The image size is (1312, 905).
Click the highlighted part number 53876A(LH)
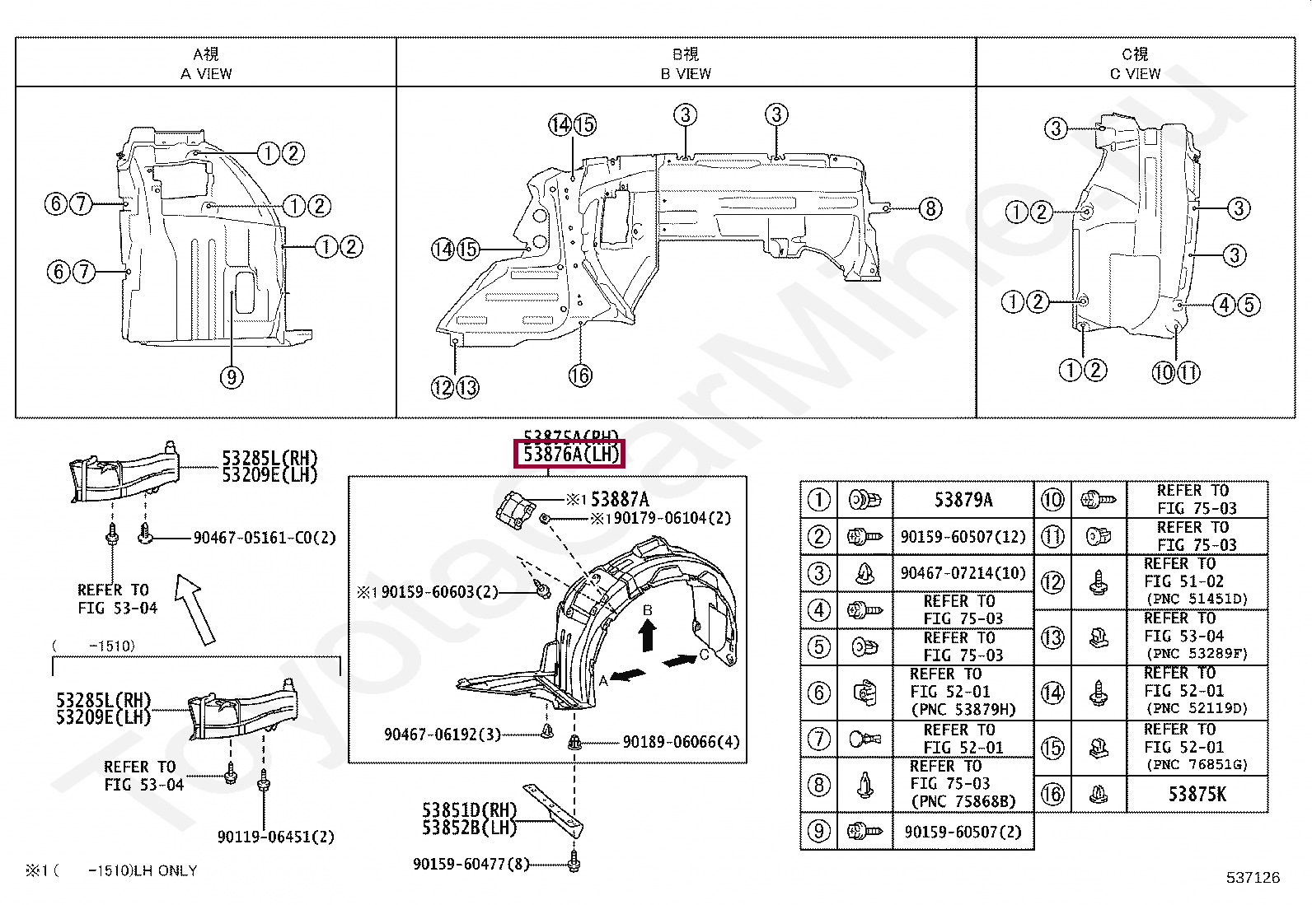pyautogui.click(x=569, y=454)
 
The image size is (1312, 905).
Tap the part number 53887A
pyautogui.click(x=620, y=499)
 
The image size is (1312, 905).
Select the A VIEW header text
pyautogui.click(x=206, y=73)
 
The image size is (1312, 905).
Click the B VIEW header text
pyautogui.click(x=686, y=73)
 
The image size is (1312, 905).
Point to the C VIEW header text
pyautogui.click(x=1135, y=73)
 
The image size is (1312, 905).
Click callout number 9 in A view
pyautogui.click(x=232, y=377)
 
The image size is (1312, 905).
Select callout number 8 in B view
pyautogui.click(x=930, y=208)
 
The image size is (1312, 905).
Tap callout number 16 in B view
pyautogui.click(x=580, y=376)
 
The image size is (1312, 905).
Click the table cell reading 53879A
pyautogui.click(x=963, y=500)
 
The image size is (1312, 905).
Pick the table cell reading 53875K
pyautogui.click(x=1197, y=794)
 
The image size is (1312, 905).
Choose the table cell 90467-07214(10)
pyautogui.click(x=963, y=573)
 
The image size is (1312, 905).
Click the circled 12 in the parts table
pyautogui.click(x=1052, y=582)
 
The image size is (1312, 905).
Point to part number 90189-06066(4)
pyautogui.click(x=681, y=742)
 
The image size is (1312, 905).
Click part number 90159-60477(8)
pyautogui.click(x=471, y=864)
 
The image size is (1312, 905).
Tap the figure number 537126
pyautogui.click(x=1253, y=878)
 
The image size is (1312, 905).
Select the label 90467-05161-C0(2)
pyautogui.click(x=265, y=538)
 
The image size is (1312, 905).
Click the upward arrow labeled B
pyautogui.click(x=648, y=635)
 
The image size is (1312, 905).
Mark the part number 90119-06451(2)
pyautogui.click(x=275, y=837)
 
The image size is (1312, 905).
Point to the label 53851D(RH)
pyautogui.click(x=469, y=810)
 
